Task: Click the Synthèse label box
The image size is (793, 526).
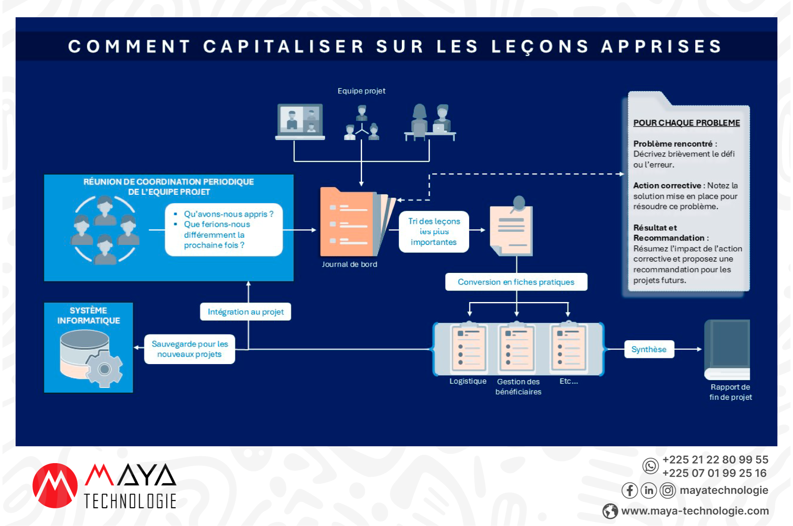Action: (649, 349)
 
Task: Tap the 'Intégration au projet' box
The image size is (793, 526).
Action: (245, 312)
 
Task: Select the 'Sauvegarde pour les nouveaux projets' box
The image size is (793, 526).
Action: (189, 349)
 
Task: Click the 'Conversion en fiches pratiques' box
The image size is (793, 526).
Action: (516, 282)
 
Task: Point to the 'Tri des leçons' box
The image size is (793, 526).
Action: (433, 232)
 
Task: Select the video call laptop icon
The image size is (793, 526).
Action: (300, 122)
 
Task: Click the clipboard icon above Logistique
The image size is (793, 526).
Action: (468, 347)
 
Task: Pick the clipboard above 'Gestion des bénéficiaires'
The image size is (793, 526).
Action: (516, 347)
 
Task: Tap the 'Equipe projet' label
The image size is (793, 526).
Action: (361, 91)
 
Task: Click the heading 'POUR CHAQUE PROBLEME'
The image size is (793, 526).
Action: (686, 123)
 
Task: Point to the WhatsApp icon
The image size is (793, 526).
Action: (650, 466)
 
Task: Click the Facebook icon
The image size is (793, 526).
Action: (629, 490)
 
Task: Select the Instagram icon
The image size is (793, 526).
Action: (668, 490)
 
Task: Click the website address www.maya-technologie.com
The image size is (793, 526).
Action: (694, 511)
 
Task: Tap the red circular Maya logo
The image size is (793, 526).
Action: (55, 486)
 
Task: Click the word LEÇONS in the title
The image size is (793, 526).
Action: (540, 46)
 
